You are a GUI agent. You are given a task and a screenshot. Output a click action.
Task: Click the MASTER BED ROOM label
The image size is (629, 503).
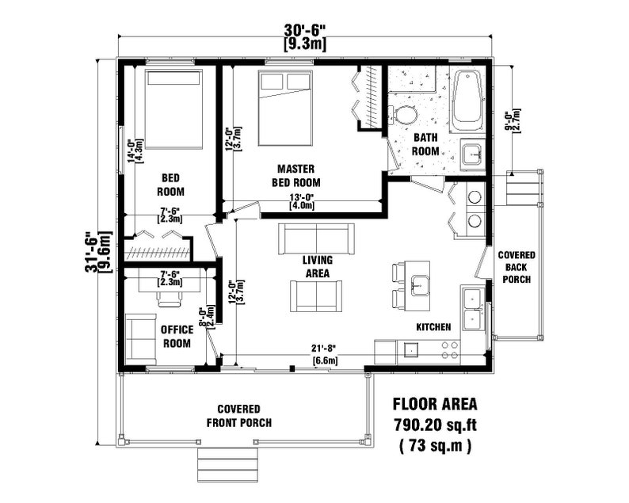click(296, 175)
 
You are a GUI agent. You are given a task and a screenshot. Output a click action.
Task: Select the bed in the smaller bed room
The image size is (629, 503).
click(173, 109)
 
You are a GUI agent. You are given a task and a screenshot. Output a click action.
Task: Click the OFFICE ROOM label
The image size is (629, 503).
click(176, 337)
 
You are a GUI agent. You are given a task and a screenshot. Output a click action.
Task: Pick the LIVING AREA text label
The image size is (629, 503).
click(317, 266)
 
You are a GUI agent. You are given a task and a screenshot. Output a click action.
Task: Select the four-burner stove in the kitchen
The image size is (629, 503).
click(450, 349)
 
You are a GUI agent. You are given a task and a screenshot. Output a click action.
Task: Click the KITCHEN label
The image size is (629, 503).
click(433, 327)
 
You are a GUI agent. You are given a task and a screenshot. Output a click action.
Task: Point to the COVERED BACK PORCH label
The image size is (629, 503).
click(516, 268)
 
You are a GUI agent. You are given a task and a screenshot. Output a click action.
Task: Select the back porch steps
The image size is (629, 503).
click(523, 188)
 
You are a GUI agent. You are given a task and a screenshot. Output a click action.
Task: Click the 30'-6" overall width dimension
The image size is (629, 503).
click(305, 30)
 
